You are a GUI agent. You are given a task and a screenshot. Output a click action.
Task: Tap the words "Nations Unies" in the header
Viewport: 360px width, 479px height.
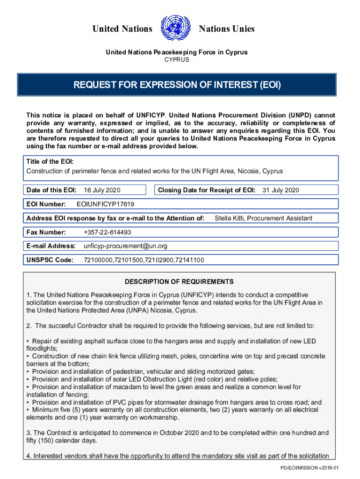(227, 29)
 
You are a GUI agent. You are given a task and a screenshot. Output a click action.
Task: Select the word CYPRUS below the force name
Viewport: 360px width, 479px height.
(177, 60)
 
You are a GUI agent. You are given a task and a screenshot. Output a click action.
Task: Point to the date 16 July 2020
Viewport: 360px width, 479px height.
(102, 190)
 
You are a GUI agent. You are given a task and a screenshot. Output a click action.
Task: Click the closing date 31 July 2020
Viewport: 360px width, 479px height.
(281, 190)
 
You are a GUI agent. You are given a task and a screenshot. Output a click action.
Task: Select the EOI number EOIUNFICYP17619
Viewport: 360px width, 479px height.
(105, 204)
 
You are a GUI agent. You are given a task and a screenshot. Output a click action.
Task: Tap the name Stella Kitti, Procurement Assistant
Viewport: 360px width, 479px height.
(263, 218)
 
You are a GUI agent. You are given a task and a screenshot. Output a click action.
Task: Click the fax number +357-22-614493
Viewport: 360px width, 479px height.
(107, 232)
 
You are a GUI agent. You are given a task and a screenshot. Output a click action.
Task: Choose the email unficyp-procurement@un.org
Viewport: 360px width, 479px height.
(125, 246)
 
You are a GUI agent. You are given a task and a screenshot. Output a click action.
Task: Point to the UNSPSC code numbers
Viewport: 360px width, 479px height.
(144, 260)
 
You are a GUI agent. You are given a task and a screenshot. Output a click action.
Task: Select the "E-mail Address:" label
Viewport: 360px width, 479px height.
(51, 246)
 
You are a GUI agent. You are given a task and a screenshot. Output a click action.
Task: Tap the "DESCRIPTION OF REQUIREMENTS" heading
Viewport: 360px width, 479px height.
(179, 282)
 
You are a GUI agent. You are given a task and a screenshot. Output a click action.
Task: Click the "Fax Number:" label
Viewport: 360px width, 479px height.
(46, 232)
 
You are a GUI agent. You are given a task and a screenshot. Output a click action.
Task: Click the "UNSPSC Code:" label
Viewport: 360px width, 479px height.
(50, 260)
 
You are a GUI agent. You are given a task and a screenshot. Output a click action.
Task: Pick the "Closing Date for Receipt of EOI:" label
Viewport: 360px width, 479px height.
(207, 190)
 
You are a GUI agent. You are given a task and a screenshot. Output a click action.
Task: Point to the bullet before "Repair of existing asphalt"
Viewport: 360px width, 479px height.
(28, 341)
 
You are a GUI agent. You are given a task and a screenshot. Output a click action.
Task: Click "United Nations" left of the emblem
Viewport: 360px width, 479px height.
(122, 29)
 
